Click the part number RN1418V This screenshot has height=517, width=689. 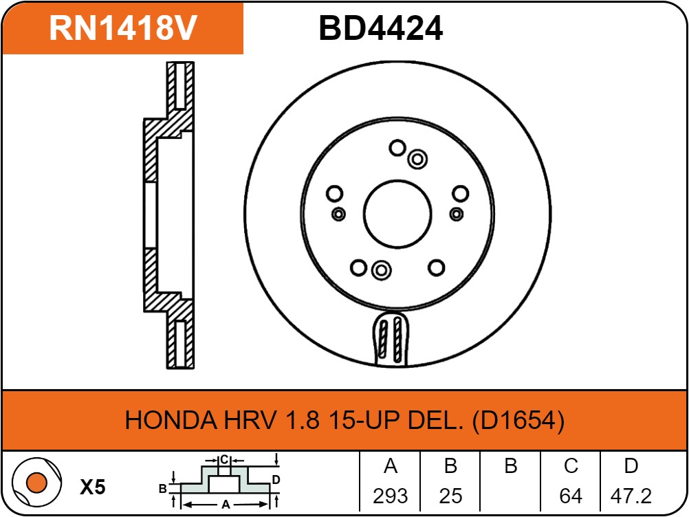[123, 28]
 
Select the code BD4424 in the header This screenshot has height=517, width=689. [380, 28]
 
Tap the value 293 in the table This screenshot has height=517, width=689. [390, 495]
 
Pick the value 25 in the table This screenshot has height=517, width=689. [450, 495]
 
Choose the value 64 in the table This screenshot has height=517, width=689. [571, 495]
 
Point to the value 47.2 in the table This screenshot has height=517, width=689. [631, 495]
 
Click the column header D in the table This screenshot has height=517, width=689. [631, 466]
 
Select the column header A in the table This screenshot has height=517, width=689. [390, 466]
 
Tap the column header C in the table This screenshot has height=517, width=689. [571, 466]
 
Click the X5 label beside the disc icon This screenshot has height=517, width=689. [93, 488]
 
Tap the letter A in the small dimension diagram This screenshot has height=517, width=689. [225, 505]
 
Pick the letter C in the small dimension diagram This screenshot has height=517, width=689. [223, 459]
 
